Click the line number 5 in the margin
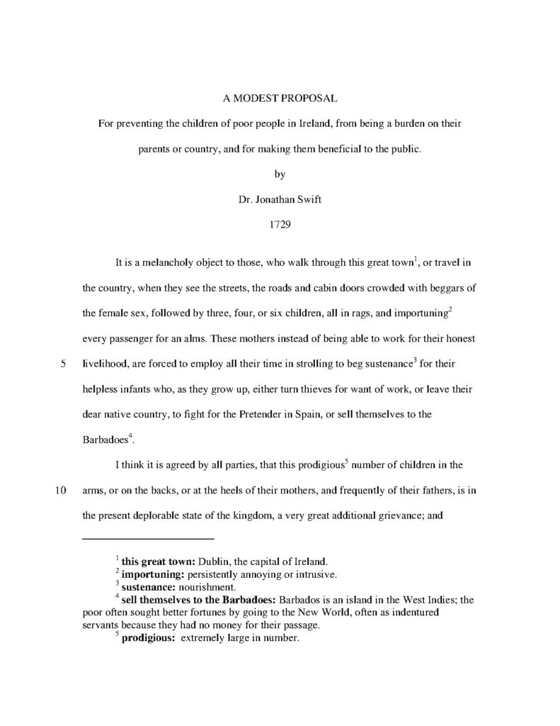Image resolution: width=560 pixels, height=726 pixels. pos(63,365)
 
